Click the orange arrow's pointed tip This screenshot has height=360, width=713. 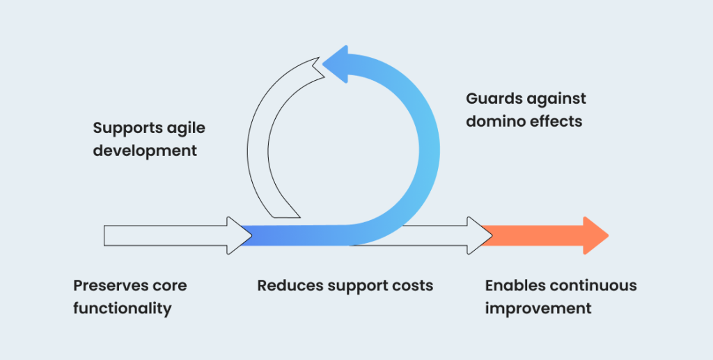coord(608,235)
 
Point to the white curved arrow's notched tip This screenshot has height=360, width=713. coord(319,58)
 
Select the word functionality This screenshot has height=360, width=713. coord(123,309)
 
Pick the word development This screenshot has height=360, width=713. coord(145,151)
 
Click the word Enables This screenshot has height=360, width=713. coord(515,286)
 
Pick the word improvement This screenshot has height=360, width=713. coord(538,309)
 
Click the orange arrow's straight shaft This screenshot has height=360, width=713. coord(532,235)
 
